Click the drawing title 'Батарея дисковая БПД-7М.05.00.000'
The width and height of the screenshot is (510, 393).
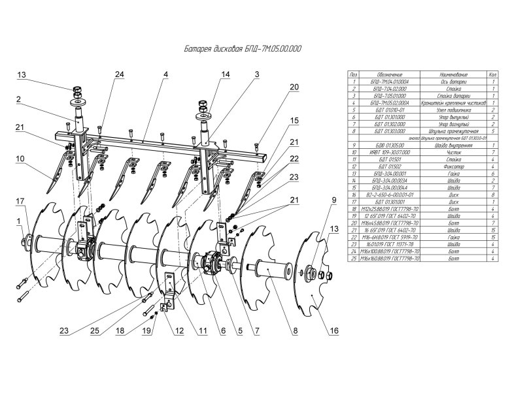[240, 48]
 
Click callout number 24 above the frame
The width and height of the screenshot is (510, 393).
[118, 75]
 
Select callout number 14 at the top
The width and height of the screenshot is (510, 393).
[225, 75]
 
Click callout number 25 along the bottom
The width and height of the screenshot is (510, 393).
[95, 332]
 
